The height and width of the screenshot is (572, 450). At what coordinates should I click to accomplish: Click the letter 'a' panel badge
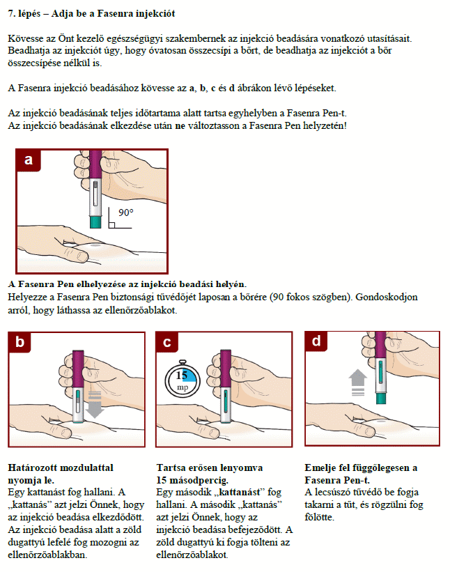tap(28, 160)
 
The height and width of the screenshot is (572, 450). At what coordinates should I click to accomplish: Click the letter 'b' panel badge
tap(20, 342)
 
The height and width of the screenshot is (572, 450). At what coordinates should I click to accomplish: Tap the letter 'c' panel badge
tap(167, 342)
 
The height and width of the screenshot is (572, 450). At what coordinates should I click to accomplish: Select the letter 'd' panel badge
tap(316, 341)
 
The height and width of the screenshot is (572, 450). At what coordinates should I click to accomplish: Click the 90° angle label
tap(126, 212)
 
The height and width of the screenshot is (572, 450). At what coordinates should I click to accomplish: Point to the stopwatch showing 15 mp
tap(183, 380)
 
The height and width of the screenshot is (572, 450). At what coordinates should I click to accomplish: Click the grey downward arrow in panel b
tap(95, 404)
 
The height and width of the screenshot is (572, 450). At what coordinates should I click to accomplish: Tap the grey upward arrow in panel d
tap(358, 382)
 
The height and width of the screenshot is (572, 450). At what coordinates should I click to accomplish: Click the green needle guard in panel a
tap(95, 222)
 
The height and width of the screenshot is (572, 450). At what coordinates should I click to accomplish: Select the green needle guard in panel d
tap(381, 399)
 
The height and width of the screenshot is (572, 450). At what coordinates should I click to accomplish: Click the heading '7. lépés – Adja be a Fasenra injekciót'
tap(91, 14)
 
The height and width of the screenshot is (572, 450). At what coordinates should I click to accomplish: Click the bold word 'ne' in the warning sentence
tap(180, 126)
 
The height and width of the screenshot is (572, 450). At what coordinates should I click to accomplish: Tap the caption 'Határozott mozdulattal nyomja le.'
tap(61, 474)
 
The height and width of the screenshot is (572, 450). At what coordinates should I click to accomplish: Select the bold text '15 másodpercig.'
tap(192, 480)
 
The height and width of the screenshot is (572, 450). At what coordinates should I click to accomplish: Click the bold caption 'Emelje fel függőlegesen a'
tap(361, 468)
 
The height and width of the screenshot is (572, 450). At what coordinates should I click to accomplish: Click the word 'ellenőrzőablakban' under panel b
tap(47, 555)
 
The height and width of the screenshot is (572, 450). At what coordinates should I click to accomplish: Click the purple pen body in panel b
tap(78, 369)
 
